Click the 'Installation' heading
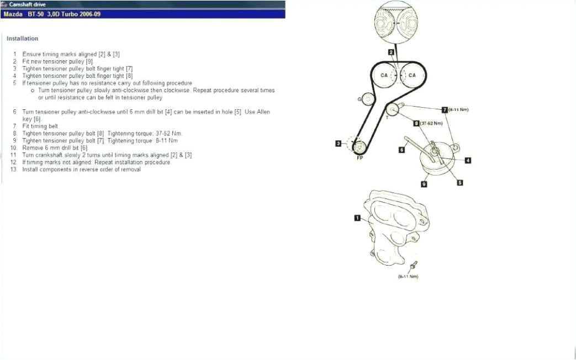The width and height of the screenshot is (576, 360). click(22, 39)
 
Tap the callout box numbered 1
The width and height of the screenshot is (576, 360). click(357, 218)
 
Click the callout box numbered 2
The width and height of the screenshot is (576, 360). click(390, 52)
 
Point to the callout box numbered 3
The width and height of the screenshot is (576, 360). click(338, 144)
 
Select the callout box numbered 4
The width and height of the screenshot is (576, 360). click(468, 161)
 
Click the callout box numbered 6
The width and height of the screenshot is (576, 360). click(402, 149)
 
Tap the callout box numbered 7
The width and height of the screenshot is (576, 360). click(444, 109)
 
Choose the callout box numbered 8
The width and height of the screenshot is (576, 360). click(416, 123)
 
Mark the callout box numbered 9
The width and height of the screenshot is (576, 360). click(424, 184)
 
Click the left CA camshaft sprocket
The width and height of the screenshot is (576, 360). click(384, 76)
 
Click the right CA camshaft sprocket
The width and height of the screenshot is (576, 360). click(411, 76)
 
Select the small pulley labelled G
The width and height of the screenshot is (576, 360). click(368, 99)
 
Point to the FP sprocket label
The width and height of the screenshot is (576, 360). click(359, 158)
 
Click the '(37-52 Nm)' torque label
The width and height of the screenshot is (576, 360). click(431, 123)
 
